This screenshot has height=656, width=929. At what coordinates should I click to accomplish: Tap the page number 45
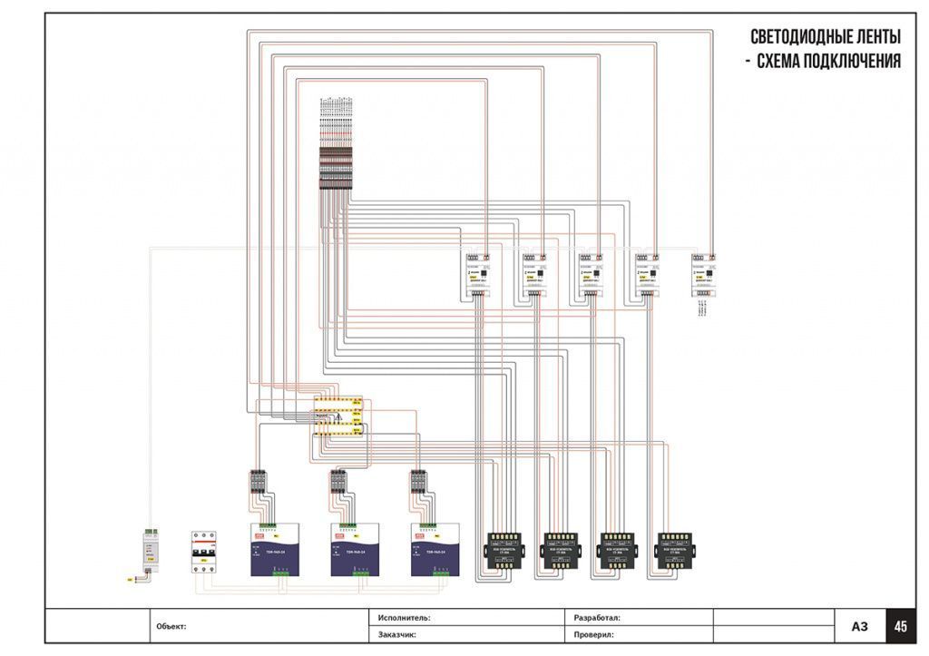(901, 626)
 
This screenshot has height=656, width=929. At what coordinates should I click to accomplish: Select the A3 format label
(860, 626)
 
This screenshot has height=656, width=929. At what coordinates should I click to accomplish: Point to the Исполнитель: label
(404, 617)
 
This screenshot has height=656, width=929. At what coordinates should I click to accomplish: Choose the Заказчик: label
(396, 635)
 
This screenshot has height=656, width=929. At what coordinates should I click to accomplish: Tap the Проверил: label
(594, 635)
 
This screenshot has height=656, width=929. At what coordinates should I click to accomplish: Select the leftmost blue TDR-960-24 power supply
(275, 549)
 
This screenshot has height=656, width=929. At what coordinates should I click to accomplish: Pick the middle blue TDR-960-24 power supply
(355, 549)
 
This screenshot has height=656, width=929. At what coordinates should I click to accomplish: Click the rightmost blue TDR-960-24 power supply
(435, 549)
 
